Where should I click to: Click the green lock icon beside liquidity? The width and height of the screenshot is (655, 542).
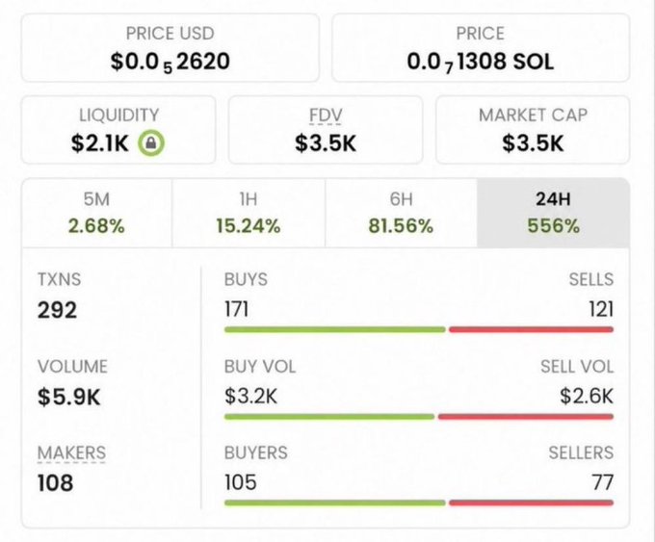pyautogui.click(x=151, y=143)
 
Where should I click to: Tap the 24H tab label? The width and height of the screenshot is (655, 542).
pyautogui.click(x=553, y=198)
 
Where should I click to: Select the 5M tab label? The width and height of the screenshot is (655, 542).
pyautogui.click(x=96, y=198)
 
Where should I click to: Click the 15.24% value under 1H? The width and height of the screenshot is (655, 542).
pyautogui.click(x=249, y=226)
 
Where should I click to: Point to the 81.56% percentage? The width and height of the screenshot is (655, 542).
pyautogui.click(x=401, y=226)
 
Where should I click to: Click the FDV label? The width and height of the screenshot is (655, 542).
pyautogui.click(x=326, y=115)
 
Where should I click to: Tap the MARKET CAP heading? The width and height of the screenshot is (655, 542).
pyautogui.click(x=533, y=115)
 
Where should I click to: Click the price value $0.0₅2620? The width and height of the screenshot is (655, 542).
pyautogui.click(x=170, y=62)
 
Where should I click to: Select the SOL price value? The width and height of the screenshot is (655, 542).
pyautogui.click(x=481, y=62)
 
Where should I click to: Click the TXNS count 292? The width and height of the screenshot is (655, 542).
pyautogui.click(x=57, y=310)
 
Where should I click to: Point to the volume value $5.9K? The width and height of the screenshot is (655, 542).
pyautogui.click(x=69, y=397)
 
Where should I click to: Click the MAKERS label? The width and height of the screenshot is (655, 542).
pyautogui.click(x=71, y=452)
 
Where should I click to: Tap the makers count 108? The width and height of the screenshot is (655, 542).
pyautogui.click(x=55, y=482)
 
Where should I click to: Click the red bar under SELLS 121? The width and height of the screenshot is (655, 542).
pyautogui.click(x=531, y=330)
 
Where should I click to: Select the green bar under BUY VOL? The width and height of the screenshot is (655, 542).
pyautogui.click(x=329, y=417)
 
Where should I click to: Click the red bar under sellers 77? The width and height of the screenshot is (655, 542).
pyautogui.click(x=531, y=503)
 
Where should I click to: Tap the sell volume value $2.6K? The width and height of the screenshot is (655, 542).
pyautogui.click(x=587, y=396)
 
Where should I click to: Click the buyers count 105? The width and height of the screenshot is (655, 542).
pyautogui.click(x=241, y=482)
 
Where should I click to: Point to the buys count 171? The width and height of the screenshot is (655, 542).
pyautogui.click(x=236, y=309)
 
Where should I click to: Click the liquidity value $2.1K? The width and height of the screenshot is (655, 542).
pyautogui.click(x=100, y=143)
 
